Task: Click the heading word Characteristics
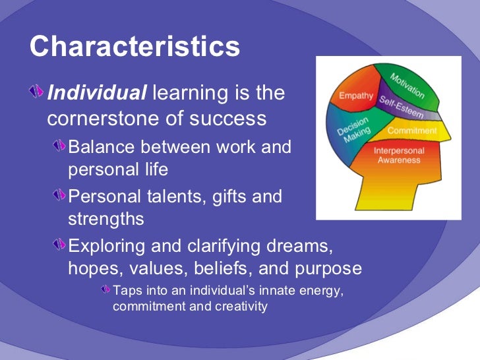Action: [x=135, y=47]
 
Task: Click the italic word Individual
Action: [x=97, y=93]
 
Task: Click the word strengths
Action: [x=105, y=218]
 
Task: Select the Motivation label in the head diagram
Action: [x=407, y=85]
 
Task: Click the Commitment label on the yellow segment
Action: [x=411, y=131]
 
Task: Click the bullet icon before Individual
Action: [x=38, y=93]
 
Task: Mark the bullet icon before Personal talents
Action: [x=59, y=196]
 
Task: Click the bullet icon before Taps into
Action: [x=105, y=290]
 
